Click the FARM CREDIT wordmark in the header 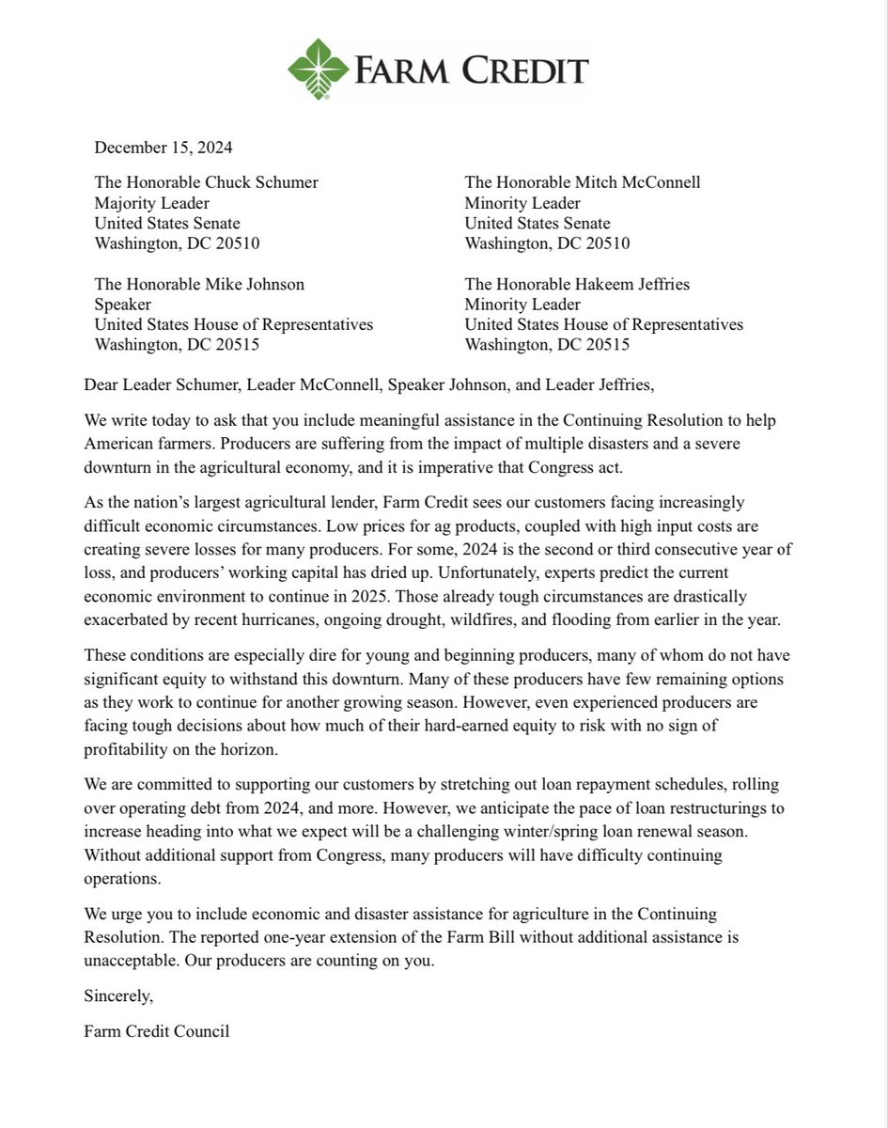coord(471,70)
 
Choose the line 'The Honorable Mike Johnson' coord(199,284)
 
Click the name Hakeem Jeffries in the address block coord(636,284)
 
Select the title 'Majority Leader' coord(151,203)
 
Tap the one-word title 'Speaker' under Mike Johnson coord(122,305)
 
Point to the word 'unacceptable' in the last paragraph coord(132,958)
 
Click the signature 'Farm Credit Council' coord(157,1031)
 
